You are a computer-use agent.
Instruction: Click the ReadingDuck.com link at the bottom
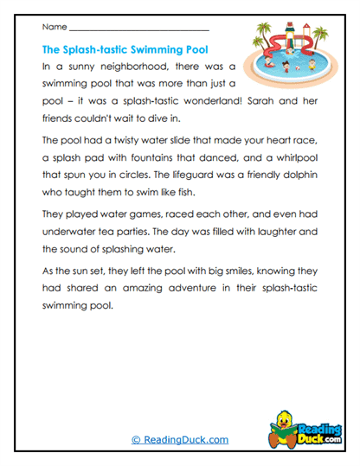coord(180,439)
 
